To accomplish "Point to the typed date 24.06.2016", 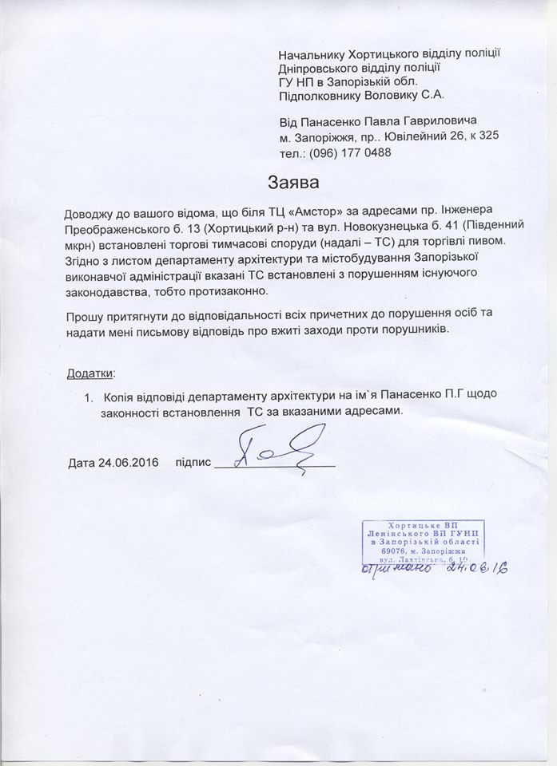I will [x=129, y=463].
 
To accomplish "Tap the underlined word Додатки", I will [x=90, y=373].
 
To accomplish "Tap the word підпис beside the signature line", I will [x=193, y=463].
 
